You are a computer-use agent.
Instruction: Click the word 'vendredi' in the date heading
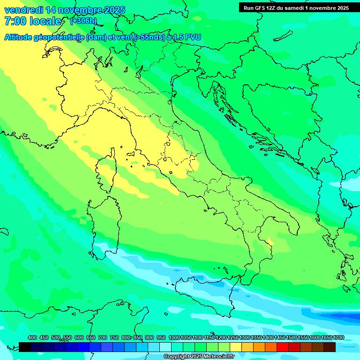click(23, 10)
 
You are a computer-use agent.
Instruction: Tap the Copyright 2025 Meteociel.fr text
click(199, 357)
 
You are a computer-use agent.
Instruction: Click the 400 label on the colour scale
click(32, 338)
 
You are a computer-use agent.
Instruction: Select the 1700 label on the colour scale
click(338, 338)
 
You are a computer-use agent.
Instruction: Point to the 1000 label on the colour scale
click(174, 338)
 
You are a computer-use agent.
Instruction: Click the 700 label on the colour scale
click(103, 338)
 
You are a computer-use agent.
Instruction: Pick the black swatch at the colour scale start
click(25, 347)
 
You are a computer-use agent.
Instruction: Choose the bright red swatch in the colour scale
click(283, 347)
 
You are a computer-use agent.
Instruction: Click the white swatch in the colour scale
click(165, 347)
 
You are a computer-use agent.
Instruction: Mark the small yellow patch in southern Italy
click(270, 241)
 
